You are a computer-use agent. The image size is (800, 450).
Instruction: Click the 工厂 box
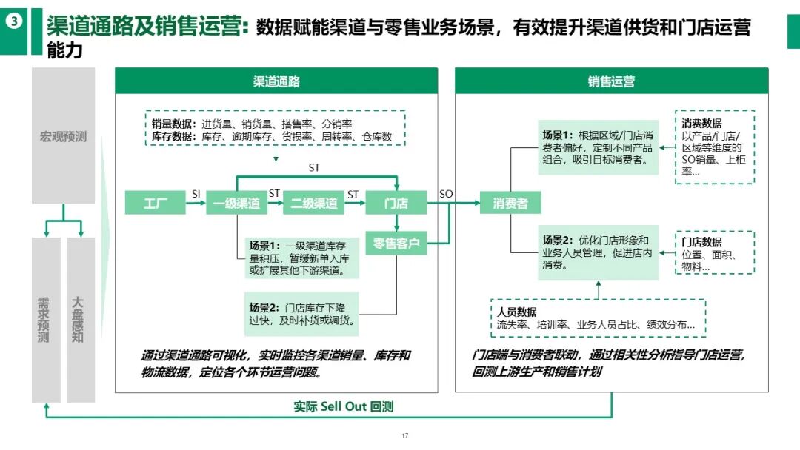click(x=155, y=203)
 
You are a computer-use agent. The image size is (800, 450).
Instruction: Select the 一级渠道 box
click(x=237, y=203)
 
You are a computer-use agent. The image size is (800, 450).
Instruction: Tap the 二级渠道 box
click(x=314, y=203)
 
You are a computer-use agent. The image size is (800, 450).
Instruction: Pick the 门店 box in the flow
click(x=396, y=203)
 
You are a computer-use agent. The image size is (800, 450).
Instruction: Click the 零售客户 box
click(x=396, y=243)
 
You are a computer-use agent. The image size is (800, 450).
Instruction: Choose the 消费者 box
click(x=510, y=203)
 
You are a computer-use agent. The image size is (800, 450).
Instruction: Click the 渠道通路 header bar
click(x=276, y=81)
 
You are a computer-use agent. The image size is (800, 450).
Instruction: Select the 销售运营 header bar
click(x=611, y=81)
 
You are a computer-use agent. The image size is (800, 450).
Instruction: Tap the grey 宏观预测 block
click(x=63, y=137)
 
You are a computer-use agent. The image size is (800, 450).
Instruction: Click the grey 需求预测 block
click(x=45, y=320)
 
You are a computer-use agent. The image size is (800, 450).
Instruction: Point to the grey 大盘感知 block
click(x=80, y=320)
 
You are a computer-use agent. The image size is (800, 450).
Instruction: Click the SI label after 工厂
click(x=196, y=194)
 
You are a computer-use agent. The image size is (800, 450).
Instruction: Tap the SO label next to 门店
click(x=446, y=194)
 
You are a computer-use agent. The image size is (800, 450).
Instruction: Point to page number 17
click(x=405, y=435)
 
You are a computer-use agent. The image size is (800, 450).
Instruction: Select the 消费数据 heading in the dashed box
click(x=701, y=124)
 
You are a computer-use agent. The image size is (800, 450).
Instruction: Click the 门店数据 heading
click(x=701, y=242)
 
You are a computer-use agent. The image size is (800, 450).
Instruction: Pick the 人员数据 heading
click(x=517, y=312)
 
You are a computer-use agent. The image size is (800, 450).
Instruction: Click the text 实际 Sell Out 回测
click(x=343, y=407)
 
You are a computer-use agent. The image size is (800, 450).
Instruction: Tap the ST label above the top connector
click(x=314, y=168)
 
